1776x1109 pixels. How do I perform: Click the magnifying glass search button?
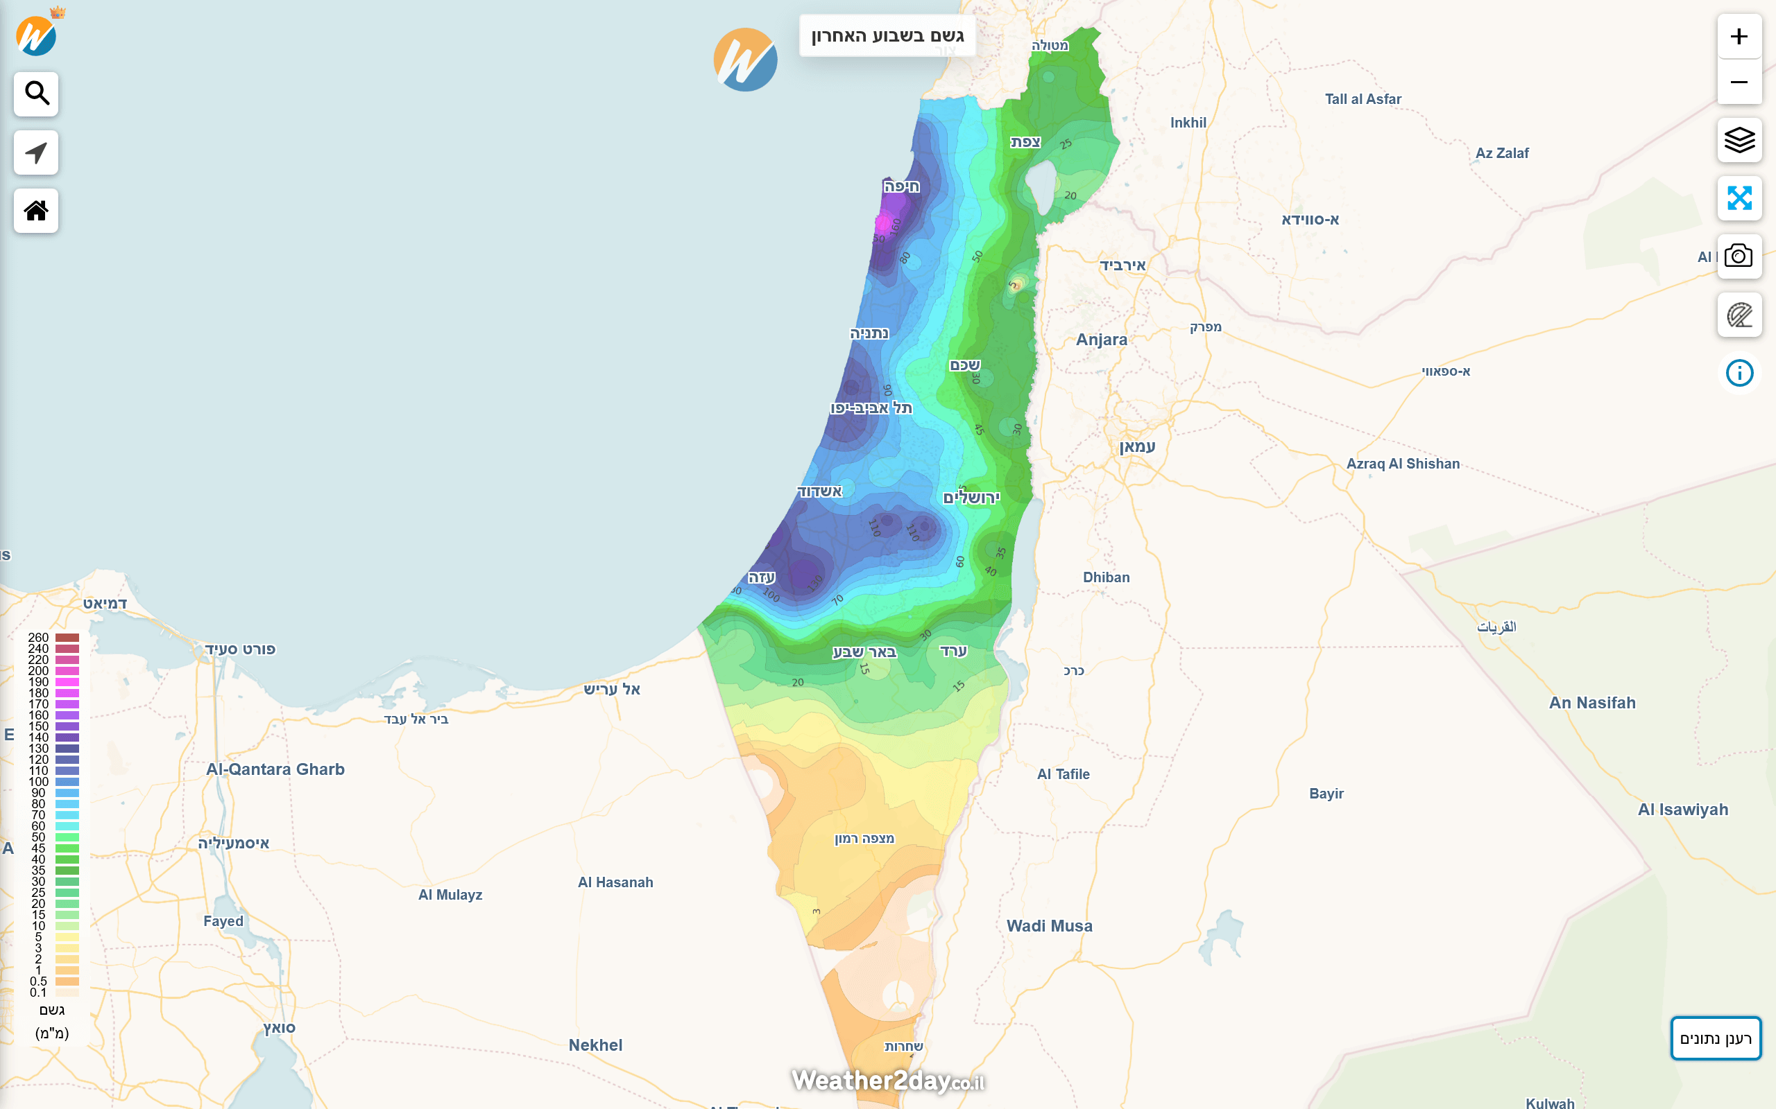pos(36,94)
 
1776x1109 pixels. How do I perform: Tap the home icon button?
pos(36,211)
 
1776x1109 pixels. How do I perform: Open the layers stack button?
pos(1739,139)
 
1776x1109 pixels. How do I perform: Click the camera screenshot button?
pos(1739,256)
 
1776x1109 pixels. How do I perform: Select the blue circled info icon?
pos(1739,374)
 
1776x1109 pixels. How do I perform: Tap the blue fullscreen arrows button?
pos(1739,198)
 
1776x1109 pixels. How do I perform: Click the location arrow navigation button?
pos(36,152)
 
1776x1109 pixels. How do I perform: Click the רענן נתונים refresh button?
pos(1715,1038)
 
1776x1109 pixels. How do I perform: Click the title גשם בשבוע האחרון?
pos(887,36)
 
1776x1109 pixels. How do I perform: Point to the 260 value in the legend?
pos(38,638)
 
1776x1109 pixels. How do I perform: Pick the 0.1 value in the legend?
pos(38,993)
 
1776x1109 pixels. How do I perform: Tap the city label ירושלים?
pos(971,498)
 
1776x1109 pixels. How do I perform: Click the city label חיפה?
pos(901,186)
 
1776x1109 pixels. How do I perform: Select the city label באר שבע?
pos(864,652)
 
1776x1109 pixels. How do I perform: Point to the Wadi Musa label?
pos(1049,925)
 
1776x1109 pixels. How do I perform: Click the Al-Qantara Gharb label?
pos(275,769)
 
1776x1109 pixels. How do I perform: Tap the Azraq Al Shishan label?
pos(1403,464)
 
